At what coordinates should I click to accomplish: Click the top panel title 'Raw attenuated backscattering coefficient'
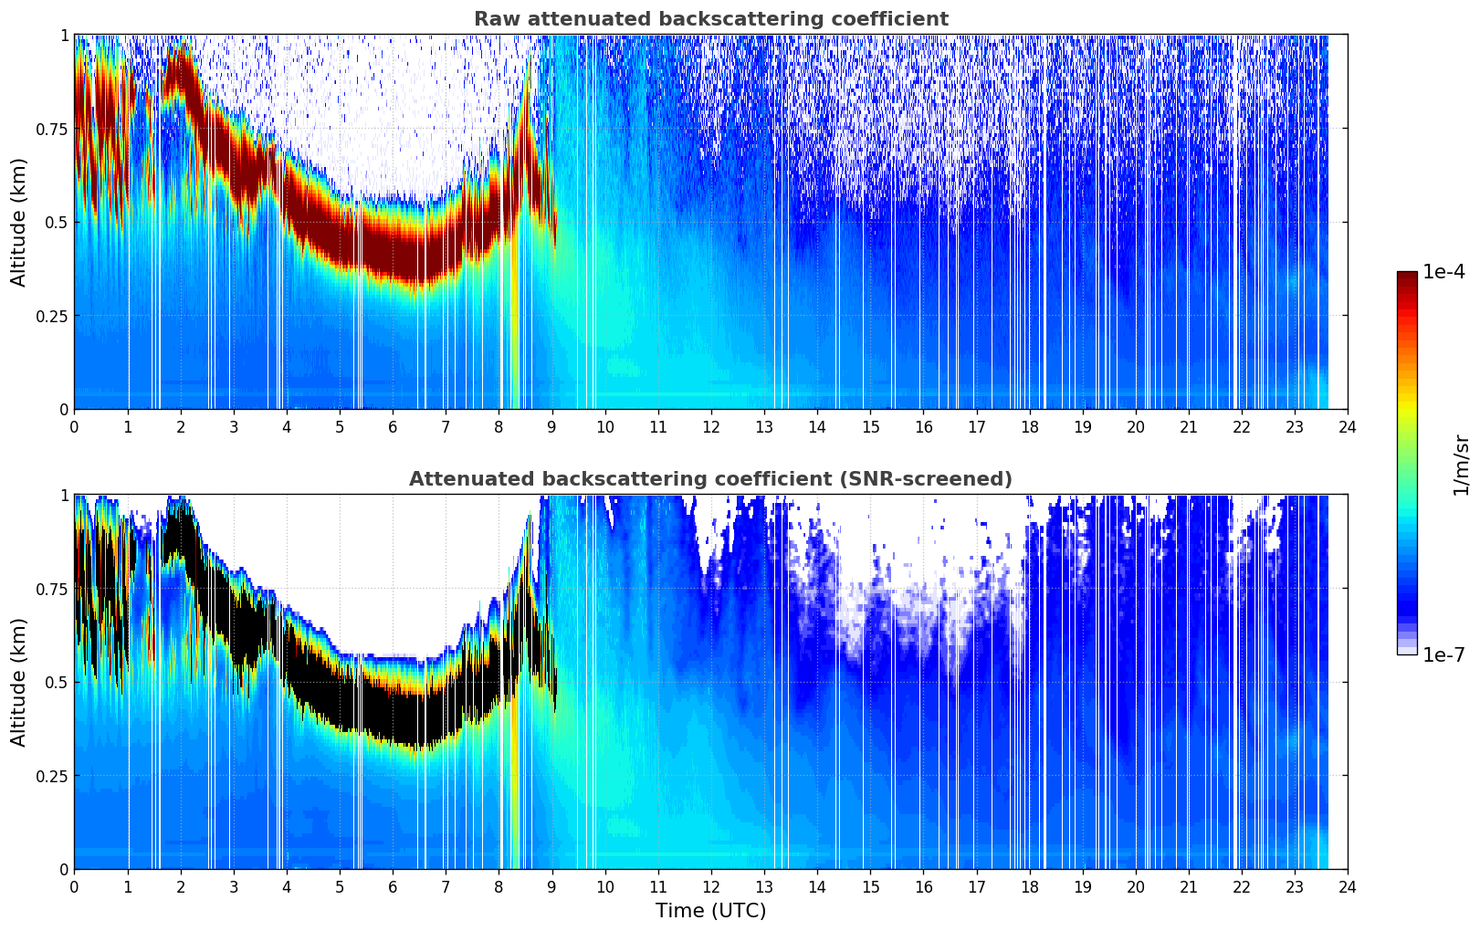[710, 19]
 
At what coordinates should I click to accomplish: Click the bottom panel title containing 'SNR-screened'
[710, 479]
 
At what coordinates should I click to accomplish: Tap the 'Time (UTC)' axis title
[710, 911]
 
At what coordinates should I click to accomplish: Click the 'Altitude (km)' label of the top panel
[19, 222]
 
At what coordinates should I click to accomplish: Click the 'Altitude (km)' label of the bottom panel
[19, 682]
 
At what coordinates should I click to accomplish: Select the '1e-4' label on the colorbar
[1443, 272]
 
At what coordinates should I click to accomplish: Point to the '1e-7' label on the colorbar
[1443, 654]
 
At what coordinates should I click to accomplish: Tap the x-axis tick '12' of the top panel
[711, 427]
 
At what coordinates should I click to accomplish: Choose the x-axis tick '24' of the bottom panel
[1348, 887]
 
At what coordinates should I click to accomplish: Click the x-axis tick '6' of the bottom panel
[393, 887]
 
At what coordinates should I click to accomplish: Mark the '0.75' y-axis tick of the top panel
[51, 129]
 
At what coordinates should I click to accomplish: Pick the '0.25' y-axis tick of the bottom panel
[51, 776]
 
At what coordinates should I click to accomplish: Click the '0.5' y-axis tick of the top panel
[57, 222]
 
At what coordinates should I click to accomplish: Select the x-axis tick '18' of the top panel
[1029, 427]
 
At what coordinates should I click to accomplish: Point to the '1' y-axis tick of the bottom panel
[64, 495]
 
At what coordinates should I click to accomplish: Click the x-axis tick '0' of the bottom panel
[74, 887]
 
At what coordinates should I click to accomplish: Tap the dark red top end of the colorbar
[1407, 276]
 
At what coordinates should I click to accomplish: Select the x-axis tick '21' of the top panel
[1189, 427]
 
